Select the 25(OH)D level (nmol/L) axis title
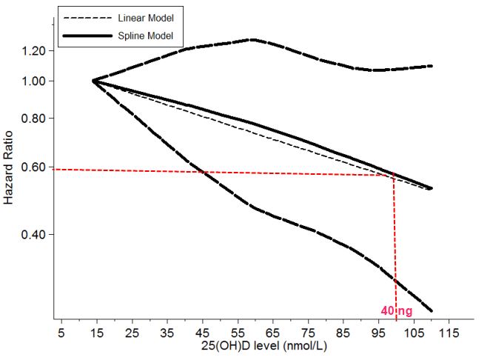(x=252, y=346)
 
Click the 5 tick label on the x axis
(x=62, y=333)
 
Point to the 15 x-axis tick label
(x=95, y=333)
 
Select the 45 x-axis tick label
(x=202, y=333)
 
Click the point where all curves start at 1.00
(x=93, y=80)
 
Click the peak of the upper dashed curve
(x=252, y=39)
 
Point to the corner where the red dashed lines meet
(x=394, y=176)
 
